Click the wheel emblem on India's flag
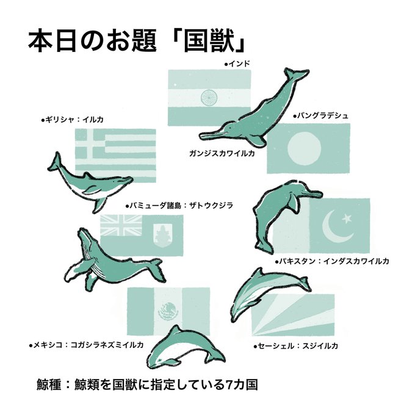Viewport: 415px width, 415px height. [209, 98]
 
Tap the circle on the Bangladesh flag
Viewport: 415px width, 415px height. [305, 148]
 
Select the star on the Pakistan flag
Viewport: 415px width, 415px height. [347, 218]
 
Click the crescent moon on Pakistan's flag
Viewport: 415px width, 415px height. [336, 227]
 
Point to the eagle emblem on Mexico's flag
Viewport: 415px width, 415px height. [168, 311]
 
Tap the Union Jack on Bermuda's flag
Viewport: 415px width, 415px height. [121, 225]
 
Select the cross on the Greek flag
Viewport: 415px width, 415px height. [90, 143]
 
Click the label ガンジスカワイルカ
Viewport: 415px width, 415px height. [222, 154]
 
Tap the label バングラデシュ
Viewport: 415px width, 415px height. [321, 116]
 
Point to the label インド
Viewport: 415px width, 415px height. [237, 64]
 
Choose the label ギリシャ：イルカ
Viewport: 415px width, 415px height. [72, 120]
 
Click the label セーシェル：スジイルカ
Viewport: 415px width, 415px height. [296, 346]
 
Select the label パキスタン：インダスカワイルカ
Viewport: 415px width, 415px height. [332, 261]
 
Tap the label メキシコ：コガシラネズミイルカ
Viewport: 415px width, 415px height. [87, 345]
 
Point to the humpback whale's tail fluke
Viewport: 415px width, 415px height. [157, 270]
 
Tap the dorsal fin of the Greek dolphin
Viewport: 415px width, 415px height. [88, 176]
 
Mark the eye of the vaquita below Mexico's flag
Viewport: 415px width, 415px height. [159, 360]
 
